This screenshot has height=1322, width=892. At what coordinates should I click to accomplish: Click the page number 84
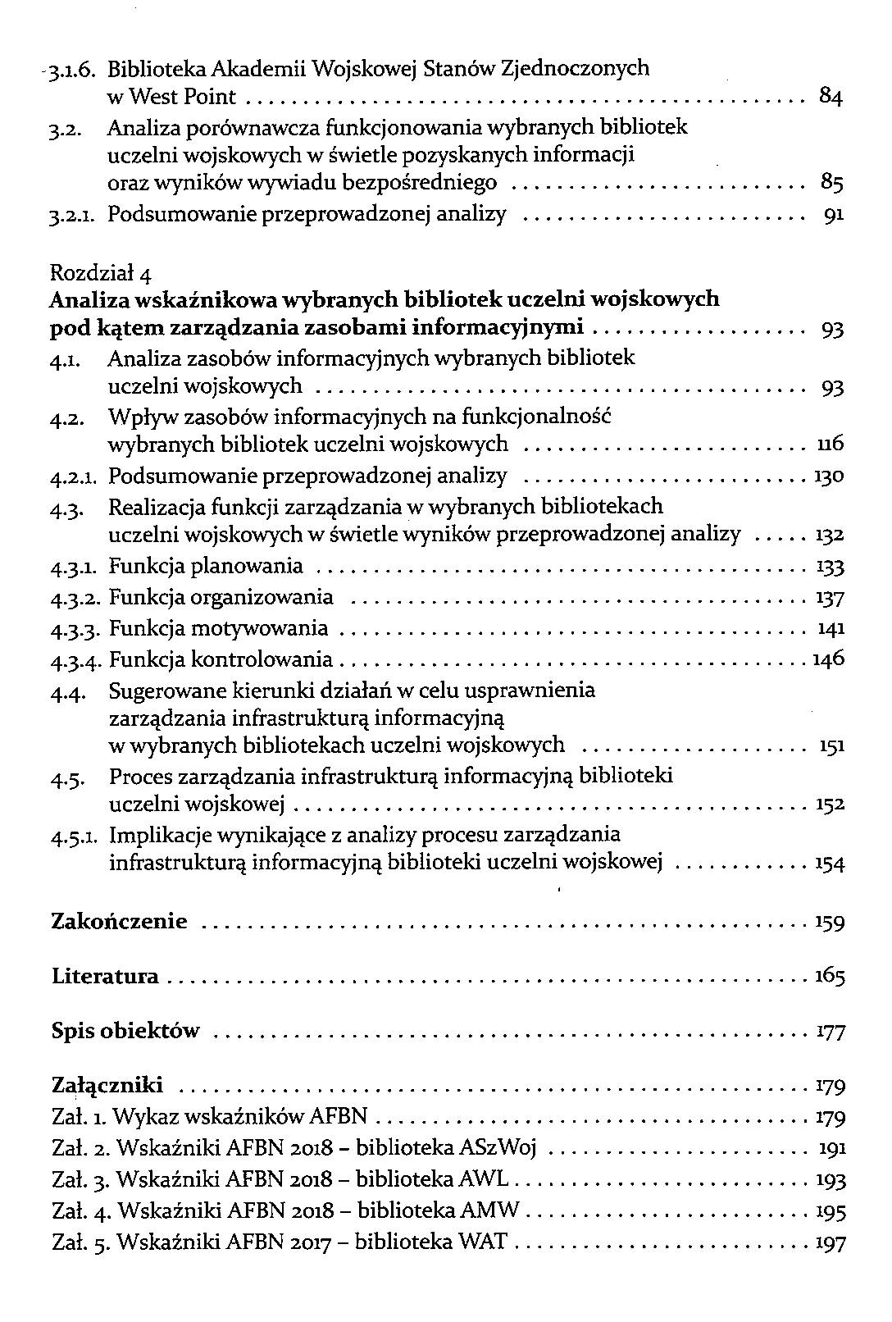(831, 98)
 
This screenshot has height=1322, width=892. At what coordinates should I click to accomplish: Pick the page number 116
(831, 445)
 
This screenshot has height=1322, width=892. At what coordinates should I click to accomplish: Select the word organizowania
(262, 598)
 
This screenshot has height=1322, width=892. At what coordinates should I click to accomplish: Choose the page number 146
(828, 659)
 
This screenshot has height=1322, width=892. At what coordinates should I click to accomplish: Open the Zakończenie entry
(119, 922)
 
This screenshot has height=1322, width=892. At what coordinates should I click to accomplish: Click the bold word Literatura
(105, 977)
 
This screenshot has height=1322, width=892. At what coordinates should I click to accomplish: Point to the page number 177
(831, 1032)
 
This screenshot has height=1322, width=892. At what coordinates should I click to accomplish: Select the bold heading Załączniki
(107, 1086)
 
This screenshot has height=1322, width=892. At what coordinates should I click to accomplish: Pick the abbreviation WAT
(483, 1242)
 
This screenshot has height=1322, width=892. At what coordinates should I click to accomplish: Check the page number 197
(831, 1243)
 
